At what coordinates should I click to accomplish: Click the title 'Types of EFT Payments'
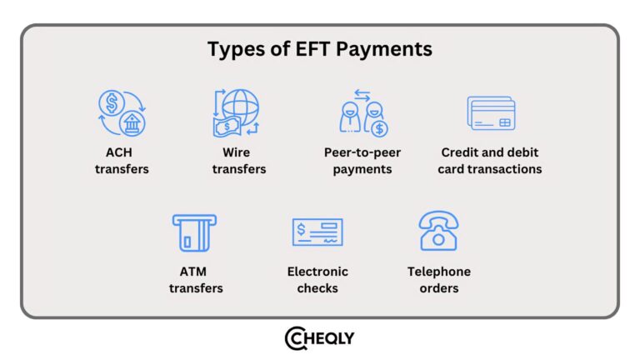pyautogui.click(x=320, y=49)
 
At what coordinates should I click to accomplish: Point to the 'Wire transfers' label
pyautogui.click(x=239, y=161)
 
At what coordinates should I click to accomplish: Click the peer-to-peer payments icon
pyautogui.click(x=364, y=115)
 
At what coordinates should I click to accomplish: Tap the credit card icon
pyautogui.click(x=492, y=113)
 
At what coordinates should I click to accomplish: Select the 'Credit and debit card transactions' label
pyautogui.click(x=491, y=161)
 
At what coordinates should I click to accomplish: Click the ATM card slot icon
pyautogui.click(x=193, y=232)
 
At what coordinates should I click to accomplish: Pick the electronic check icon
pyautogui.click(x=317, y=232)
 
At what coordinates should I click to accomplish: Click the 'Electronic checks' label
pyautogui.click(x=317, y=280)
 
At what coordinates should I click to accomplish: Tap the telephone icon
pyautogui.click(x=438, y=232)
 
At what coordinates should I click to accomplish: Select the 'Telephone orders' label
pyautogui.click(x=438, y=280)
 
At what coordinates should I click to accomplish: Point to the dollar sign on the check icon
pyautogui.click(x=301, y=227)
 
